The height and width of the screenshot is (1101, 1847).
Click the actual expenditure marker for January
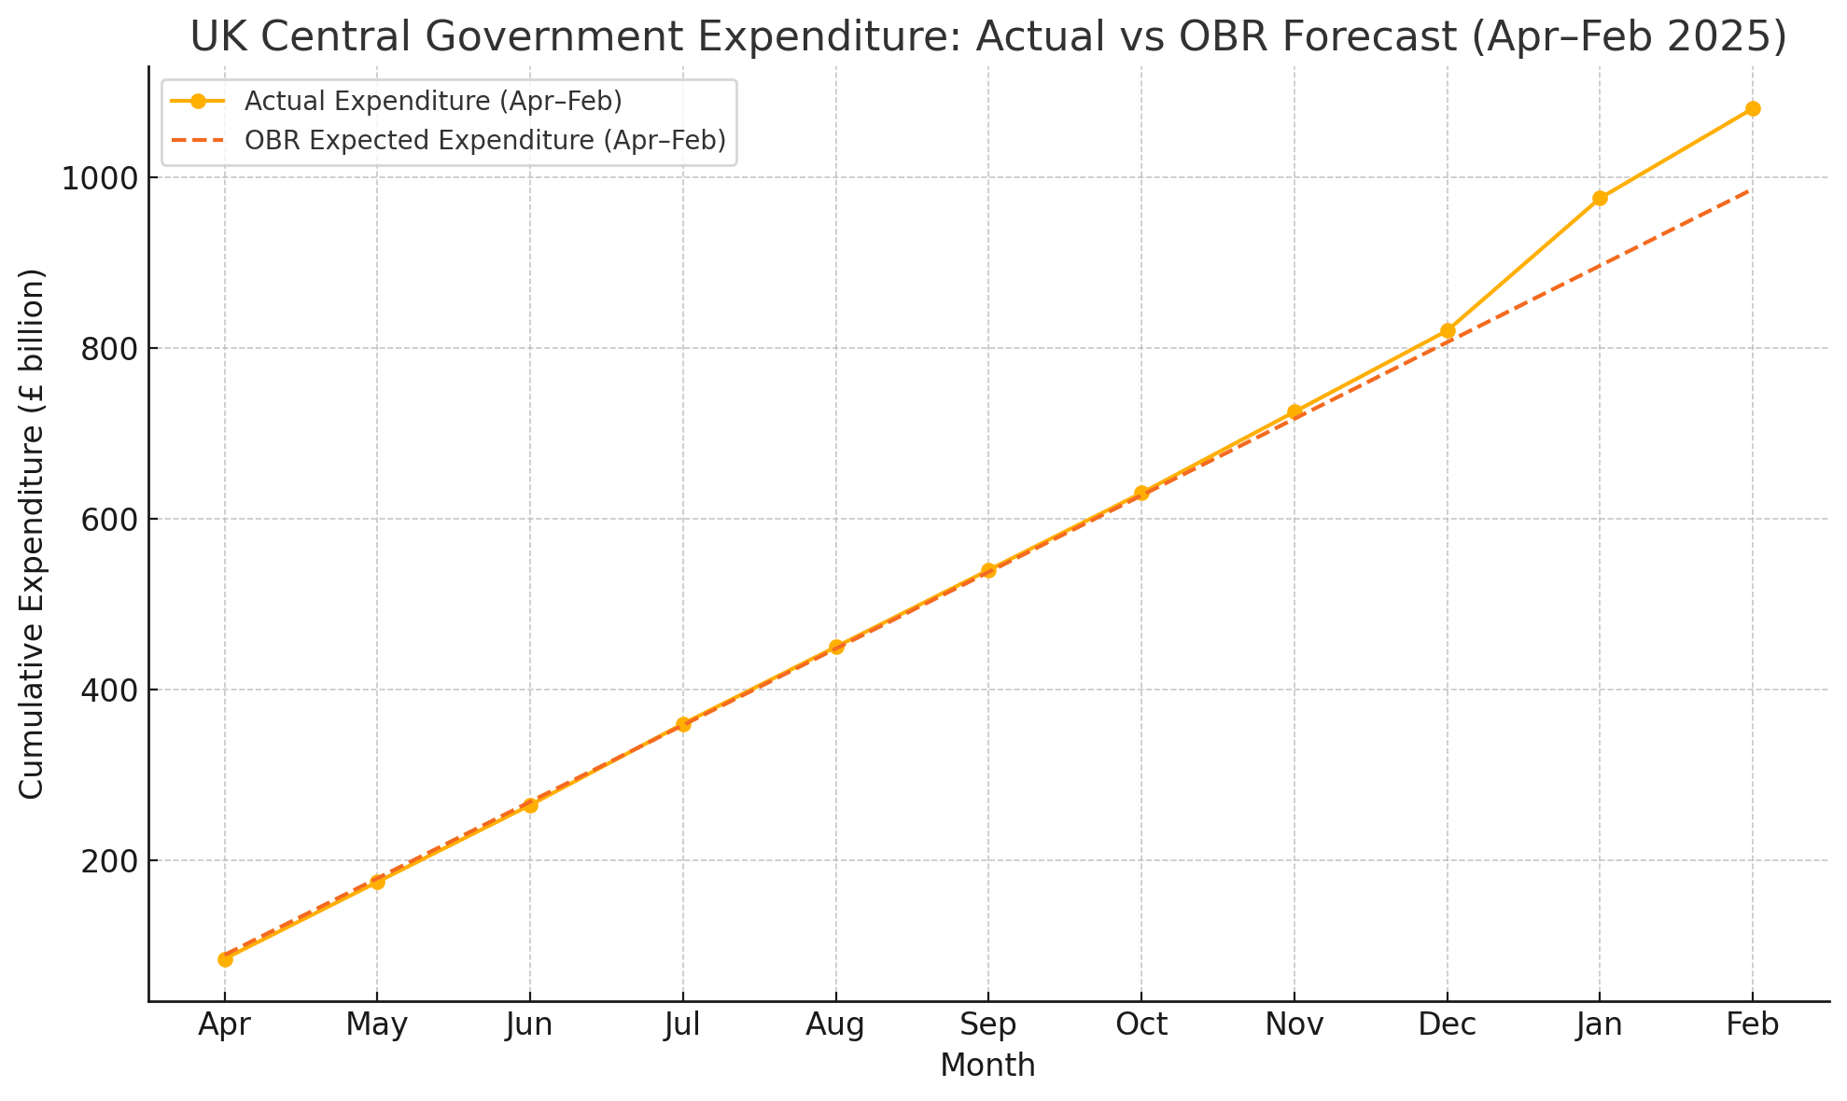(1600, 198)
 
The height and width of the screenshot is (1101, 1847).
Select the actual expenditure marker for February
(1753, 108)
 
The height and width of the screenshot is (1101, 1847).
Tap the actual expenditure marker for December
(1448, 330)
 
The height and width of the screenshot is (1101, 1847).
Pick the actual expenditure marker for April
(225, 959)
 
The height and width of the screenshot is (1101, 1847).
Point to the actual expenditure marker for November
(1294, 411)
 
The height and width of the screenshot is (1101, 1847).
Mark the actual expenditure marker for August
(836, 647)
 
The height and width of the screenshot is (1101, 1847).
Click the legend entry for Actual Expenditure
(433, 101)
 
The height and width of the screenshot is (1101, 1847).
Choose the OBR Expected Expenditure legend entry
(484, 140)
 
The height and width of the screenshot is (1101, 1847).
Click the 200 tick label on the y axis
(108, 861)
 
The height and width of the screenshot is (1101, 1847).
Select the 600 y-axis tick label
(108, 520)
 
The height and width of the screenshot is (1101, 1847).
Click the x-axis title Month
(987, 1066)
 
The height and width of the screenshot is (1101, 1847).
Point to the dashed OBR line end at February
(1751, 190)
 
